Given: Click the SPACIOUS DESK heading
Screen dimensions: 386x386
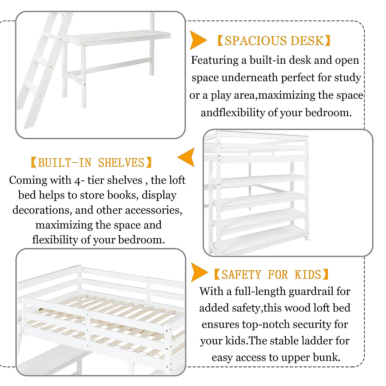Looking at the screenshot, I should (274, 41).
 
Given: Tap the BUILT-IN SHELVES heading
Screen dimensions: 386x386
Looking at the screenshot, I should (91, 163).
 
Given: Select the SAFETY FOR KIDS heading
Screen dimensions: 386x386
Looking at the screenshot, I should (271, 275).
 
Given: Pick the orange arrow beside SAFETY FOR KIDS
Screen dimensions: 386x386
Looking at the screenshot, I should (198, 272).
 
